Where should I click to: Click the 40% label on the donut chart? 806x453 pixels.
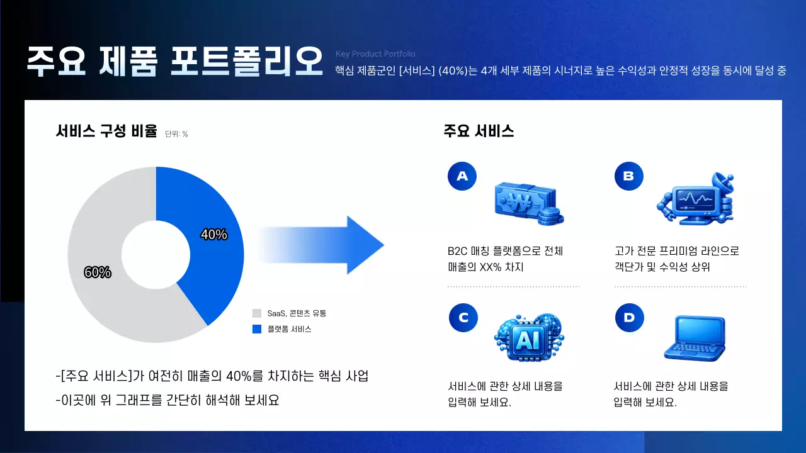214,235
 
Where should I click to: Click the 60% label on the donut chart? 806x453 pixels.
98,272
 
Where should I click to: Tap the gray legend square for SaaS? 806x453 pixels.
256,313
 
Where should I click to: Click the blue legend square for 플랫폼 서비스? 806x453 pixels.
256,329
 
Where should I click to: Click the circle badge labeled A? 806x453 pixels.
462,176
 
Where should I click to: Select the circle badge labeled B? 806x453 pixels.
629,176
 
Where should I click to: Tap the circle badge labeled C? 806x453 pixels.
463,318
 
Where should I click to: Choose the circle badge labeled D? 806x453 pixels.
629,318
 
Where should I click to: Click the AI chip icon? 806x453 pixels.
528,338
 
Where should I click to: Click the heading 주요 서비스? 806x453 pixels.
479,131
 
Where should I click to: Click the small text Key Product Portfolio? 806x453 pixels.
375,54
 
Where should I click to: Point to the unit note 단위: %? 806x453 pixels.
176,134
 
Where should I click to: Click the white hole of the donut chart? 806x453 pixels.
156,255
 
